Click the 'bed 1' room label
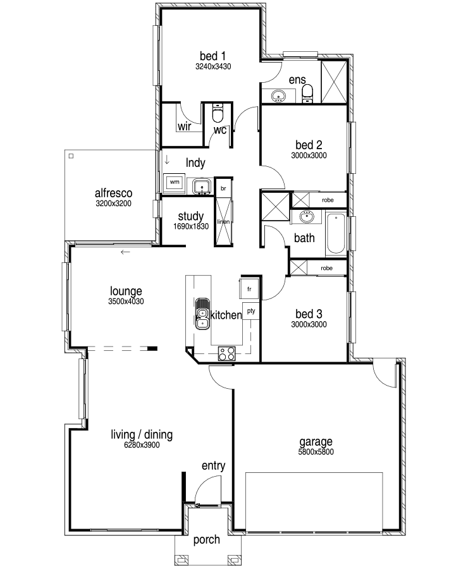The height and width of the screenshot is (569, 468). coord(212,56)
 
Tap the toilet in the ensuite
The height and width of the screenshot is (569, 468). coord(307,94)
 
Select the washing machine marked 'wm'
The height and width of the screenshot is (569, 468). coord(175,183)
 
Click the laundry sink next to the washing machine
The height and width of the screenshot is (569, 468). coord(202,186)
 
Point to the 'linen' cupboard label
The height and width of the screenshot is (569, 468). coord(223,222)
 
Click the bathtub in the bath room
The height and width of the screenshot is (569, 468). coord(336,233)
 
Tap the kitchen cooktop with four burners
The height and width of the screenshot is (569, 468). coord(226,353)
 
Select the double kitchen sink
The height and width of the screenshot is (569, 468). coord(202,314)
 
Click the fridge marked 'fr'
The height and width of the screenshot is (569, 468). coord(249,289)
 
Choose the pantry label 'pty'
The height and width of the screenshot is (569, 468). coord(251,311)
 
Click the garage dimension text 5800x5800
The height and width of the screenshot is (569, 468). coord(316,452)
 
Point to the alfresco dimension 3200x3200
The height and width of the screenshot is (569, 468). coord(113,204)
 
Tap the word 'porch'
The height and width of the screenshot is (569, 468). coord(207,540)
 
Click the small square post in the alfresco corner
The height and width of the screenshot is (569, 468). coord(71,156)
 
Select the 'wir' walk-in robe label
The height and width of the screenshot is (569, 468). coord(185,126)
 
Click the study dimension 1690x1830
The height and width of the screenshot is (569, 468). coord(191,226)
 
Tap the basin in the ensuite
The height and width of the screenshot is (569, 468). coord(279,96)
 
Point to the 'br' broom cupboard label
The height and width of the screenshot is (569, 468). coord(223,188)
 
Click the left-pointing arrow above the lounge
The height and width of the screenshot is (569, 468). coord(125,252)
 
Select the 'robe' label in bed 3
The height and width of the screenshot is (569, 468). coord(327,268)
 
